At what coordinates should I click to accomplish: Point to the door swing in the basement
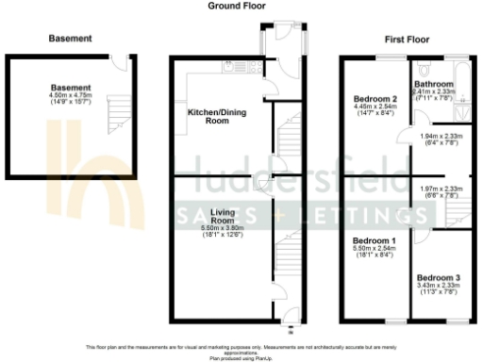(x=118, y=63)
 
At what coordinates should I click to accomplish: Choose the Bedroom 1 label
(x=375, y=241)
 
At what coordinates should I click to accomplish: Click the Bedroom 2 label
(x=374, y=99)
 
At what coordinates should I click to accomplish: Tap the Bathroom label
(x=435, y=83)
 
